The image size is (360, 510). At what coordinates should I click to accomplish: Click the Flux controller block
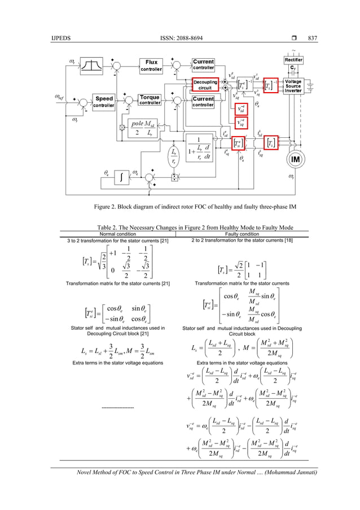pos(151,66)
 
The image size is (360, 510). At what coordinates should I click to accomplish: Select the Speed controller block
pos(104,102)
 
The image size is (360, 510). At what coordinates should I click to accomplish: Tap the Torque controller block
pos(152,102)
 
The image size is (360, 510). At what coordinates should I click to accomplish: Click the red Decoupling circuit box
pos(205,85)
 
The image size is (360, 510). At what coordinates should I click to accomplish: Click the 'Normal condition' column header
pos(117,233)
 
